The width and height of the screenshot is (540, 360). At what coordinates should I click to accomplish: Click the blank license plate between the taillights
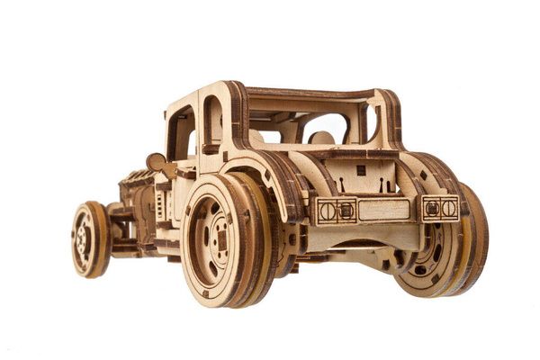383,210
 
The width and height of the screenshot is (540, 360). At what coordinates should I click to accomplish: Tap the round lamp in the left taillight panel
328,211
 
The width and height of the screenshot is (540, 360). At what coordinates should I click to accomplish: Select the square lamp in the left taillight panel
346,211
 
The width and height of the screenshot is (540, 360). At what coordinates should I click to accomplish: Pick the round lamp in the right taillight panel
448,208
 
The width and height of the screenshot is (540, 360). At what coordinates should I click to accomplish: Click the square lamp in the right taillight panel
432,208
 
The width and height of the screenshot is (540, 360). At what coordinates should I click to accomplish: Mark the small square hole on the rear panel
361,170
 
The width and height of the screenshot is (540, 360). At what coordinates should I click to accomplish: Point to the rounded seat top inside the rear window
321,138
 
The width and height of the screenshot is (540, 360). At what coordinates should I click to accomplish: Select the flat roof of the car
306,92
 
